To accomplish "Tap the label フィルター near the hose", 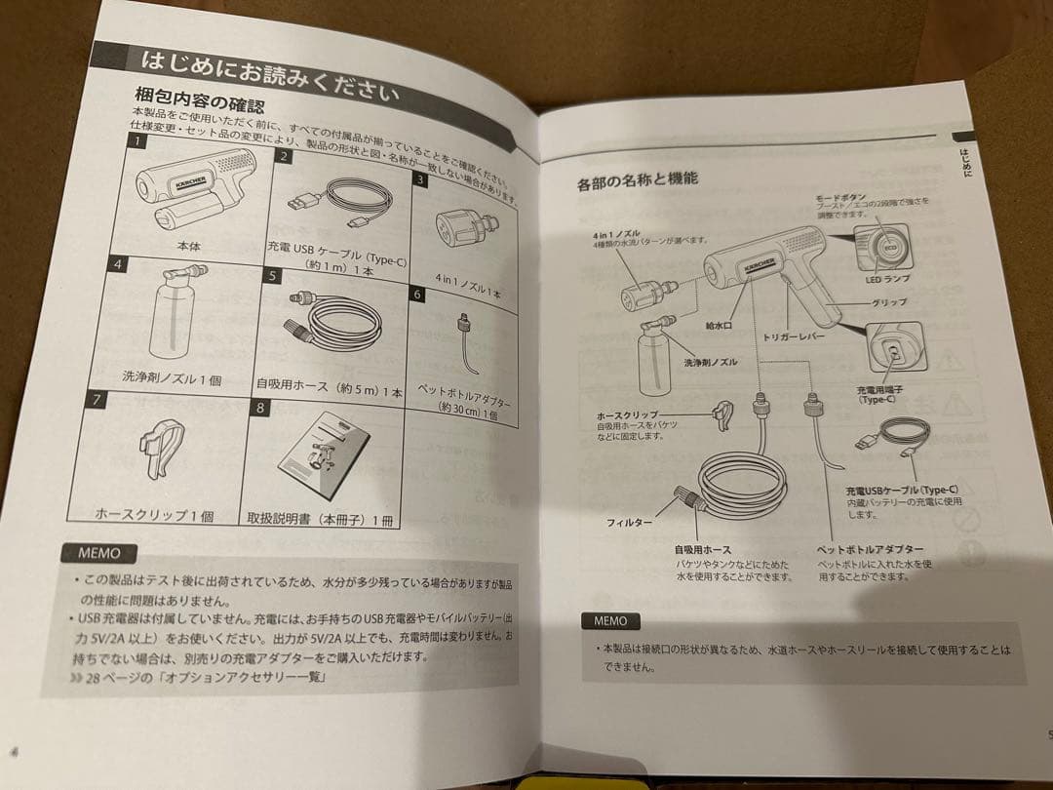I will (x=630, y=524).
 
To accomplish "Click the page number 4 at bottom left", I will (x=14, y=751).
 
